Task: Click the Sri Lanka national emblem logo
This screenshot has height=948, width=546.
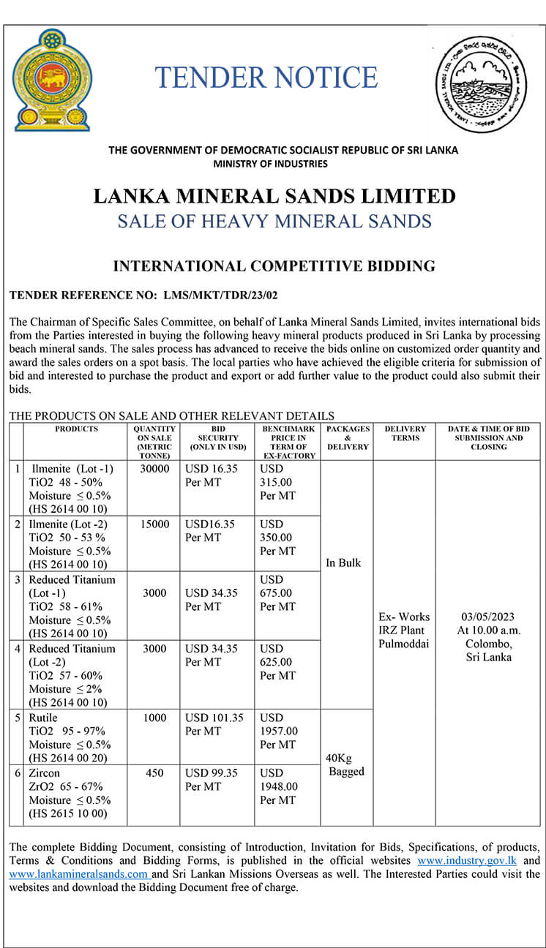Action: pyautogui.click(x=53, y=80)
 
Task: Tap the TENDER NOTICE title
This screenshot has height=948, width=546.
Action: pyautogui.click(x=266, y=78)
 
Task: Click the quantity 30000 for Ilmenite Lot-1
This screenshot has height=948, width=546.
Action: pyautogui.click(x=154, y=469)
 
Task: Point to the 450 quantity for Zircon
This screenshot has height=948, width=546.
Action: pyautogui.click(x=154, y=772)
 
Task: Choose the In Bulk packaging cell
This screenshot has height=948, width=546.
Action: pyautogui.click(x=343, y=563)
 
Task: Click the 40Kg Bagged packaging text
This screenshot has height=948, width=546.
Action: pyautogui.click(x=346, y=765)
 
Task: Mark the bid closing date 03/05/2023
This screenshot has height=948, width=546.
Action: pyautogui.click(x=488, y=617)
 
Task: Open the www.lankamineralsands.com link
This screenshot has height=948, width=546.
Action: pyautogui.click(x=79, y=874)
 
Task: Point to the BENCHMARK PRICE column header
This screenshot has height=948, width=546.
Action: pyautogui.click(x=288, y=442)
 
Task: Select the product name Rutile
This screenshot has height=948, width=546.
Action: pyautogui.click(x=44, y=718)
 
